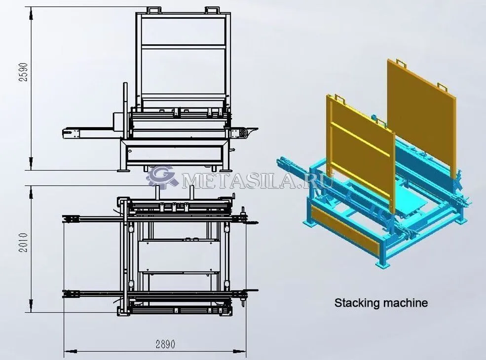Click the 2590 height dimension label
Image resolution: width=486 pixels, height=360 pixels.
point(24,72)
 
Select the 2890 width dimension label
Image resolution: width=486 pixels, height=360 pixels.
point(165,344)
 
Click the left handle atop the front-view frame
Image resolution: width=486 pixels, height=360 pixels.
point(154,10)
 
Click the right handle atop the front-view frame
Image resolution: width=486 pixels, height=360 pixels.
point(212,10)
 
